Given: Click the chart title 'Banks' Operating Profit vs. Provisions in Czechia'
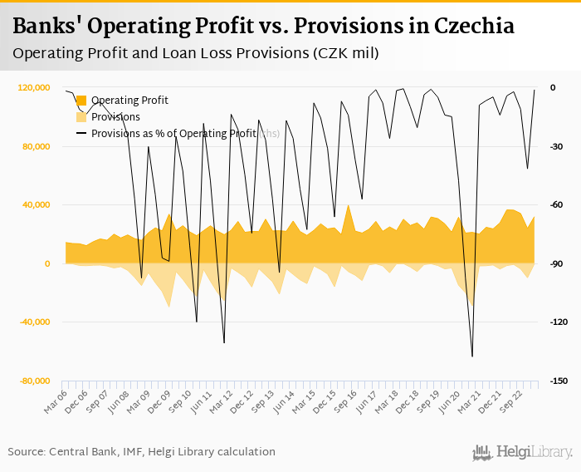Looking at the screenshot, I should coord(263,26).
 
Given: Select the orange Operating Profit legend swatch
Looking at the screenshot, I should coord(81,101).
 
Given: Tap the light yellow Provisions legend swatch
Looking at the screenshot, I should coord(81,117).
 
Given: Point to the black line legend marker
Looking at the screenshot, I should coord(81,133).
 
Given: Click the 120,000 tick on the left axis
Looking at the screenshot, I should coord(33,88).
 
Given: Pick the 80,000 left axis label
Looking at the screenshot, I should coord(36,147).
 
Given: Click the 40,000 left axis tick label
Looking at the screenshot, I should coord(36,205).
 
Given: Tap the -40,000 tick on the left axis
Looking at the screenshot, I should coord(34,322).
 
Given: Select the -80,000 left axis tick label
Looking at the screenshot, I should coord(34,381).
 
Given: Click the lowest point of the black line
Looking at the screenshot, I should coord(472,356).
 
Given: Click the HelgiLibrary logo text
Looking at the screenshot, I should coord(533,452).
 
